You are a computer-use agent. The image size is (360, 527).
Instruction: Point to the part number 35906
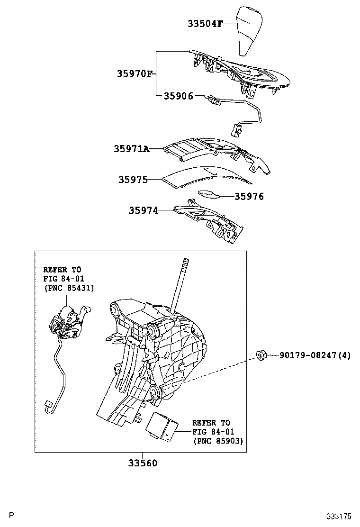[178, 96]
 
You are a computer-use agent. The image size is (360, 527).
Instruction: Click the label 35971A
[131, 149]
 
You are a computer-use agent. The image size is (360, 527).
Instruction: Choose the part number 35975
[133, 180]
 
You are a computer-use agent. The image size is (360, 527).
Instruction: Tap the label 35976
[249, 196]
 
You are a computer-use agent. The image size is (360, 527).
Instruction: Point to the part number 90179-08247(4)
[315, 354]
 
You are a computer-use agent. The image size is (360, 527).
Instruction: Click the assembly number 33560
[142, 463]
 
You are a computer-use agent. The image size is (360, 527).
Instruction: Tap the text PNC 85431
[69, 288]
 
